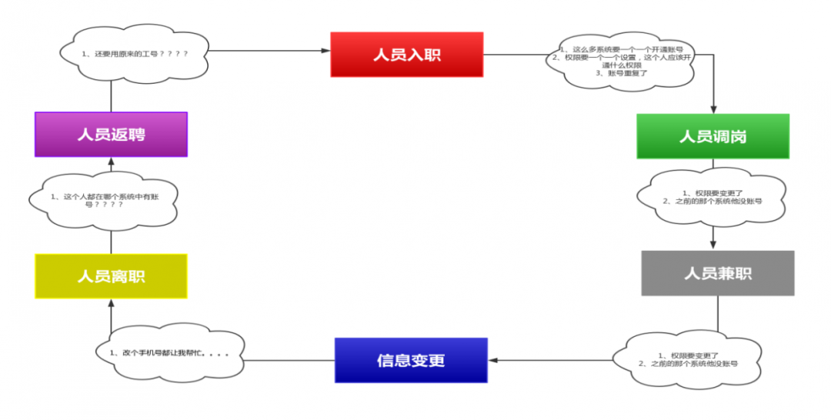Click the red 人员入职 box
pos(406,54)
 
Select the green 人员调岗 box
pos(713,136)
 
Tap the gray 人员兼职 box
pos(717,273)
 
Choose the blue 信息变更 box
pos(411,360)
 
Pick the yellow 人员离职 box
pos(111,276)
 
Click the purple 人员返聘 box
pos(111,135)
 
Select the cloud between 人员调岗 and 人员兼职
pos(713,197)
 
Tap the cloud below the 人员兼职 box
pos(688,358)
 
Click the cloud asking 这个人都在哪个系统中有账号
pos(103,202)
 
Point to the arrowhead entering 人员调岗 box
pos(713,109)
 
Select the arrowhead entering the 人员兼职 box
pos(713,245)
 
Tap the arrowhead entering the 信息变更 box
pos(494,360)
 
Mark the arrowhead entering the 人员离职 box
pos(111,303)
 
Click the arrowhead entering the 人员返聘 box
pos(111,162)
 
